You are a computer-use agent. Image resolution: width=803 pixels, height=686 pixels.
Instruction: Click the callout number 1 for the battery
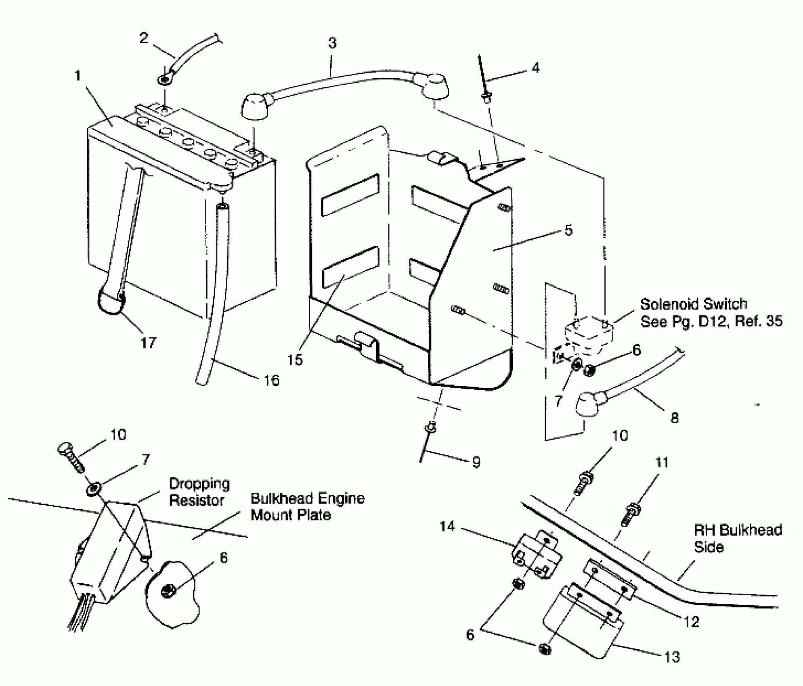(x=78, y=75)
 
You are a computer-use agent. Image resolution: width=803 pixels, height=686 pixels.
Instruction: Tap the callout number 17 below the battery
(x=148, y=343)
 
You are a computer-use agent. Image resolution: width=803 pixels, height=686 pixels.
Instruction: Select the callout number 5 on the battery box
(x=568, y=230)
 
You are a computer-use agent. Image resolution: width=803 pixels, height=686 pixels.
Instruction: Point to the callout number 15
(x=295, y=360)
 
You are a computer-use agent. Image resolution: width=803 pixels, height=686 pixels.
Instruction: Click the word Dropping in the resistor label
(x=199, y=484)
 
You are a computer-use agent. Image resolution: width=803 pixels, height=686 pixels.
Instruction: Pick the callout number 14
(x=447, y=527)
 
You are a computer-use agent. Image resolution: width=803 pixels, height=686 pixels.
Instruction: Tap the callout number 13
(x=672, y=657)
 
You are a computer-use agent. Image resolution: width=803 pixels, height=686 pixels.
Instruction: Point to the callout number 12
(x=691, y=622)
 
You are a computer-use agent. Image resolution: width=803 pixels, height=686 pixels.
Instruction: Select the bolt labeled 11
(x=630, y=514)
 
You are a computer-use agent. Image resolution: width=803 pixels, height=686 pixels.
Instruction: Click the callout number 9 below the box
(x=476, y=462)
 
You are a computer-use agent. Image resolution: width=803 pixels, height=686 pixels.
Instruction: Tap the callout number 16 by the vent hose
(x=271, y=380)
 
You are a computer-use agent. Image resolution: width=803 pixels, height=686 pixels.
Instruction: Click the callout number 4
(x=535, y=68)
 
